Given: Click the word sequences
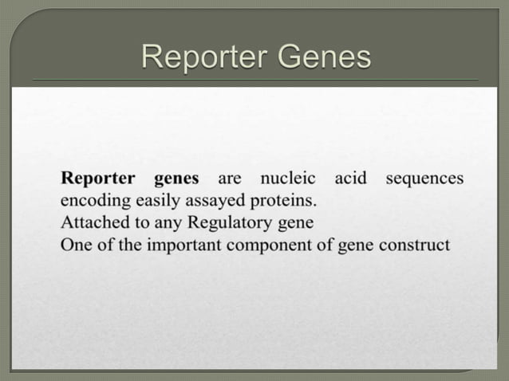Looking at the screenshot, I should click(424, 178).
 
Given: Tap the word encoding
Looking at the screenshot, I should click(89, 200).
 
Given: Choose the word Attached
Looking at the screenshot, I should click(89, 222).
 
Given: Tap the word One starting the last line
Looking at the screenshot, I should click(75, 244).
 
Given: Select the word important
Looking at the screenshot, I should click(185, 244).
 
